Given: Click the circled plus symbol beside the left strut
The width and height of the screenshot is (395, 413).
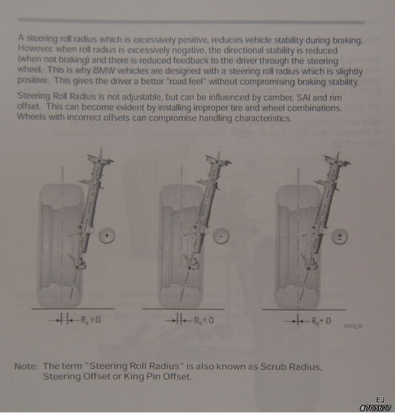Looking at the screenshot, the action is tap(107, 236).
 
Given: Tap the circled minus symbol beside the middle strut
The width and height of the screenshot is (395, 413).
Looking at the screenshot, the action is tap(221, 236).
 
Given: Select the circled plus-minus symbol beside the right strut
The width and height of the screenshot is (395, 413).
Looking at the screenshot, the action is tap(339, 237).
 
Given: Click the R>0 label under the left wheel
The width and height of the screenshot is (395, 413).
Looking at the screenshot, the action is tap(91, 320).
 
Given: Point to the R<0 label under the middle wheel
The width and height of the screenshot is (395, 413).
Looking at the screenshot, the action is tap(204, 320).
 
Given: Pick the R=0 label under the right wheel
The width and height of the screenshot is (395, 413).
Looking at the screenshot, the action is tap(321, 321).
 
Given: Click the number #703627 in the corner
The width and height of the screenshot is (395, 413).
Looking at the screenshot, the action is tap(375, 408).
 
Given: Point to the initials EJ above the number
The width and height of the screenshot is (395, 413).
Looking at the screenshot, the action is tap(380, 400).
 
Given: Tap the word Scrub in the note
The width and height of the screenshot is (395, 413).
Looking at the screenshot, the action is tap(273, 367).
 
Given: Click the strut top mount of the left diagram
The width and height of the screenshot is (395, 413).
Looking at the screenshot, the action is tap(99, 160).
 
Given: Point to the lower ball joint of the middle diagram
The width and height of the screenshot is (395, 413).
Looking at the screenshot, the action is tap(190, 268).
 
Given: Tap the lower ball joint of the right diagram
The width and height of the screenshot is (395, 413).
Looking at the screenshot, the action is tap(309, 268).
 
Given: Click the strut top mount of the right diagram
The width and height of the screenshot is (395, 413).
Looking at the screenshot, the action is tap(336, 162).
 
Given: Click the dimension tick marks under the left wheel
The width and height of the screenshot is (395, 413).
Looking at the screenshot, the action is tap(64, 320).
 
